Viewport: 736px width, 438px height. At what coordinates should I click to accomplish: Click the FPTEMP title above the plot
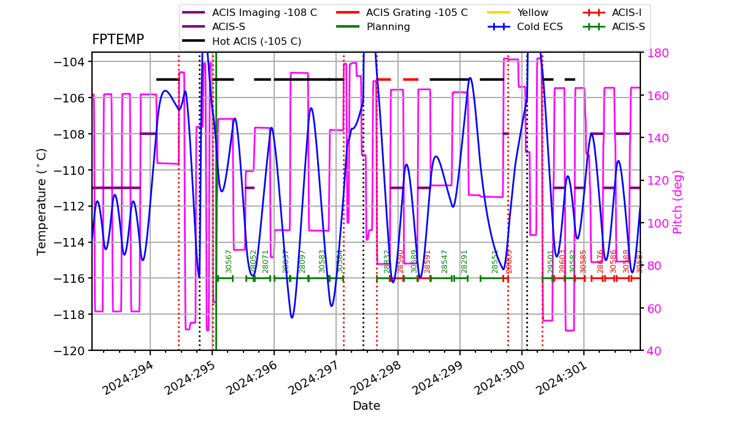pyautogui.click(x=118, y=40)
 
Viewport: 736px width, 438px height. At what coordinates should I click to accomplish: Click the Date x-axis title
pyautogui.click(x=366, y=406)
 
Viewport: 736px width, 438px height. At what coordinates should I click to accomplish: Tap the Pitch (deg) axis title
pyautogui.click(x=678, y=201)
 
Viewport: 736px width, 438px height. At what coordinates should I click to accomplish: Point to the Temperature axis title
pyautogui.click(x=42, y=201)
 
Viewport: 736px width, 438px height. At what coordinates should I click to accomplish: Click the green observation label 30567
pyautogui.click(x=229, y=261)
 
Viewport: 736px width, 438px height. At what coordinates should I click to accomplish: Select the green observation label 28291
pyautogui.click(x=464, y=261)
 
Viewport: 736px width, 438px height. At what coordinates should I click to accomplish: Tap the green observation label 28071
pyautogui.click(x=266, y=261)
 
